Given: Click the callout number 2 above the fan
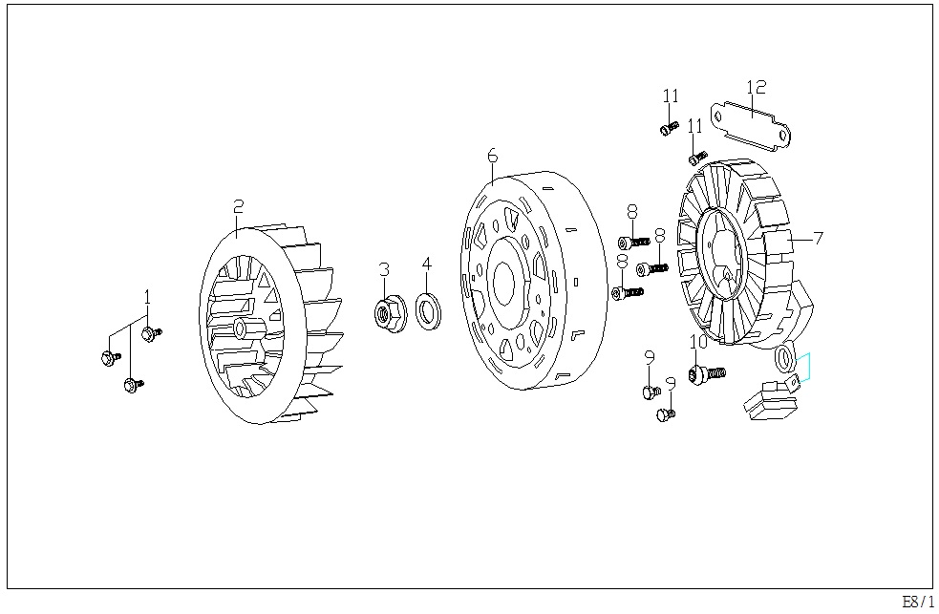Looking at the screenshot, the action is coord(239,206).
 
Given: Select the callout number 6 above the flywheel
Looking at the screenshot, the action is coord(492,156).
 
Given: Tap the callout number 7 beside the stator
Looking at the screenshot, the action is coord(818,238).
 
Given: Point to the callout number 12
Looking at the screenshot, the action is coord(757,87).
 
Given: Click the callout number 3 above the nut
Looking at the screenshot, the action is coord(384,269).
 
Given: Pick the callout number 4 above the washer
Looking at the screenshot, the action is coord(426,264).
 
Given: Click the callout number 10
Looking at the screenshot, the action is coord(698,342).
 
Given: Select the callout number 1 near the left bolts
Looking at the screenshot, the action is coord(147,297).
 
